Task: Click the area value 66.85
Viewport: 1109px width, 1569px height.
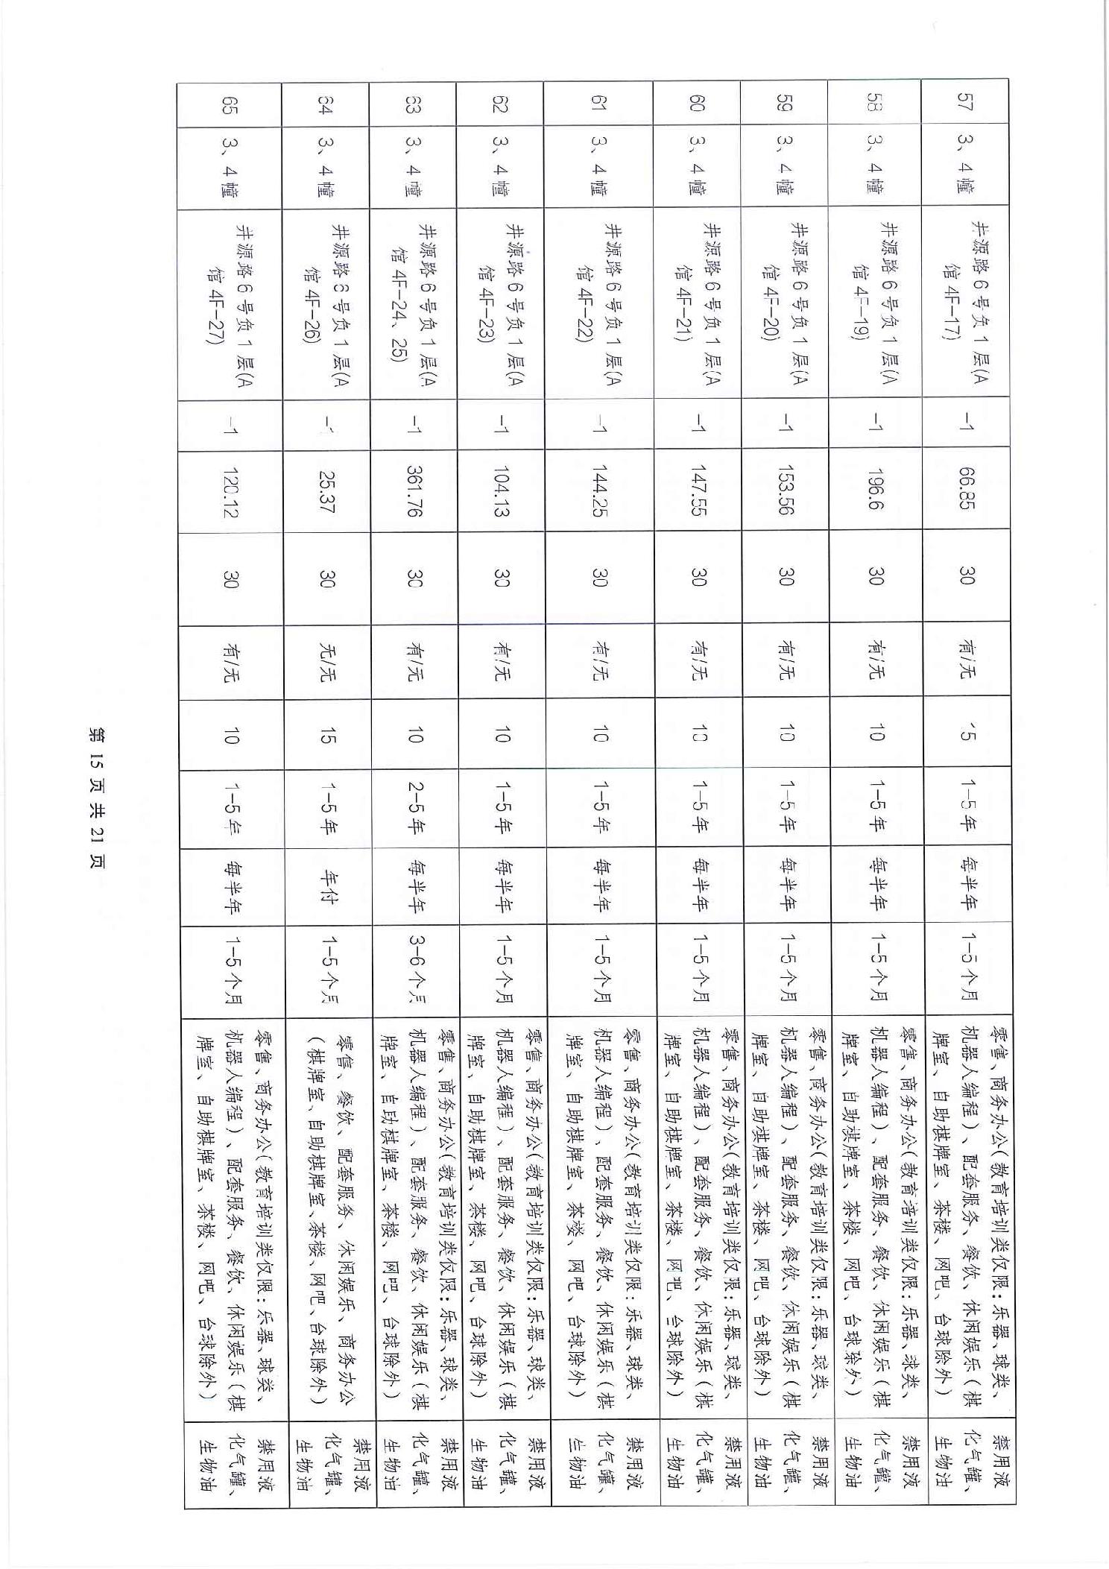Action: [965, 489]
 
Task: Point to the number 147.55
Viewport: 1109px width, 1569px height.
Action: [697, 489]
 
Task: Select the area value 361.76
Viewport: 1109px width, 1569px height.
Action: [414, 489]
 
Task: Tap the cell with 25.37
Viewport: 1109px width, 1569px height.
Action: [326, 489]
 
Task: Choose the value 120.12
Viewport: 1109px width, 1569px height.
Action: [230, 489]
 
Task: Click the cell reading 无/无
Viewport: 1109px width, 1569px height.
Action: [326, 661]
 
